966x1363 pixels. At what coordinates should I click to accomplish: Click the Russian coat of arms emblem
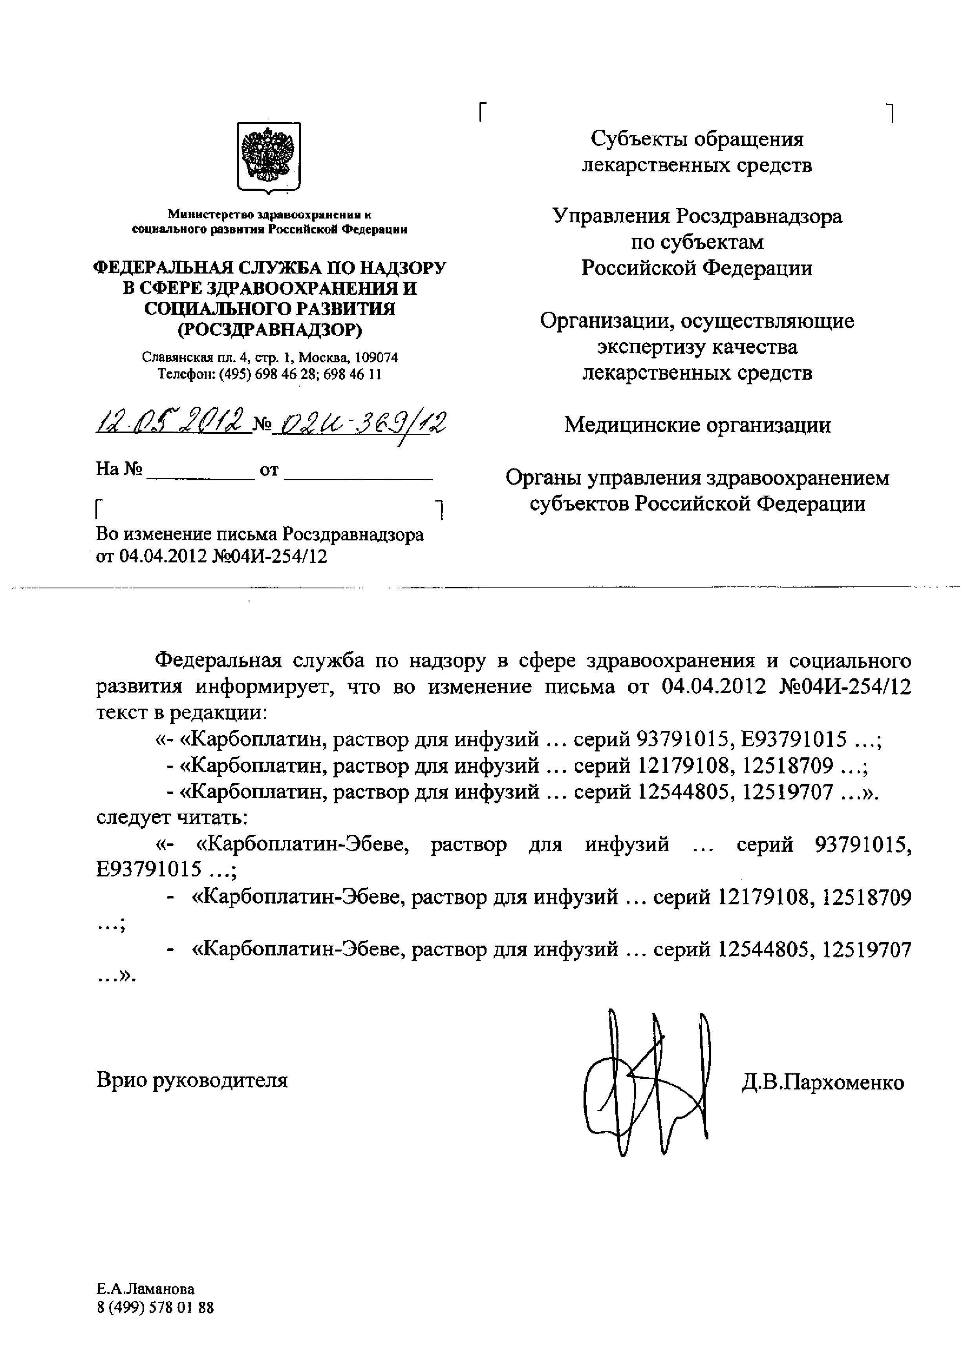pyautogui.click(x=269, y=158)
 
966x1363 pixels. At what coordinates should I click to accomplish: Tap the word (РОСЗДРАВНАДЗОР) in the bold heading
pyautogui.click(x=269, y=329)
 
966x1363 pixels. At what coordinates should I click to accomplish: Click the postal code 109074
pyautogui.click(x=376, y=357)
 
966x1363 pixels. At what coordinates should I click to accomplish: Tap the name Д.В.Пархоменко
pyautogui.click(x=823, y=1082)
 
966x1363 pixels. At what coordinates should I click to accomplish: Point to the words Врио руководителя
pyautogui.click(x=192, y=1080)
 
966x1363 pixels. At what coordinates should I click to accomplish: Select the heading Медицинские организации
pyautogui.click(x=697, y=425)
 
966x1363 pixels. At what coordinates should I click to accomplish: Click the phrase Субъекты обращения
pyautogui.click(x=697, y=139)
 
